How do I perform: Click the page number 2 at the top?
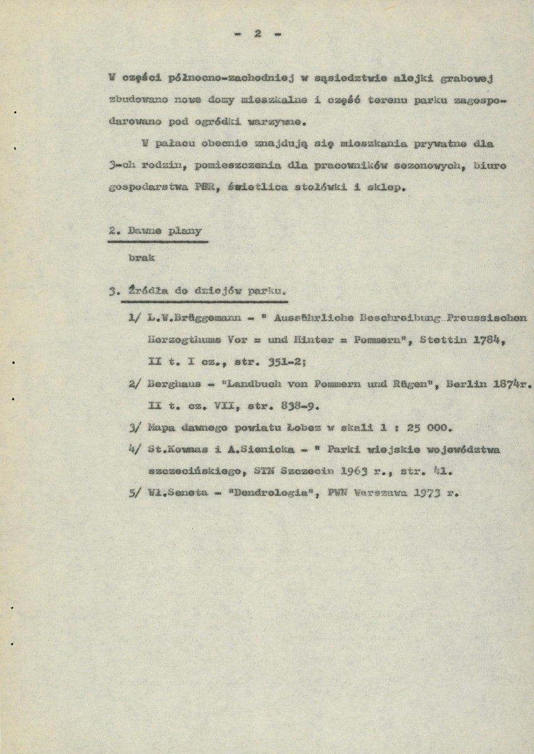tap(258, 35)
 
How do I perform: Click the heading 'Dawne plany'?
tap(157, 231)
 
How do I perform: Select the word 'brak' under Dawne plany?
tap(141, 258)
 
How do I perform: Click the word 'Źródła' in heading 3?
tap(148, 291)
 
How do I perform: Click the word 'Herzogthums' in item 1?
tap(178, 339)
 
